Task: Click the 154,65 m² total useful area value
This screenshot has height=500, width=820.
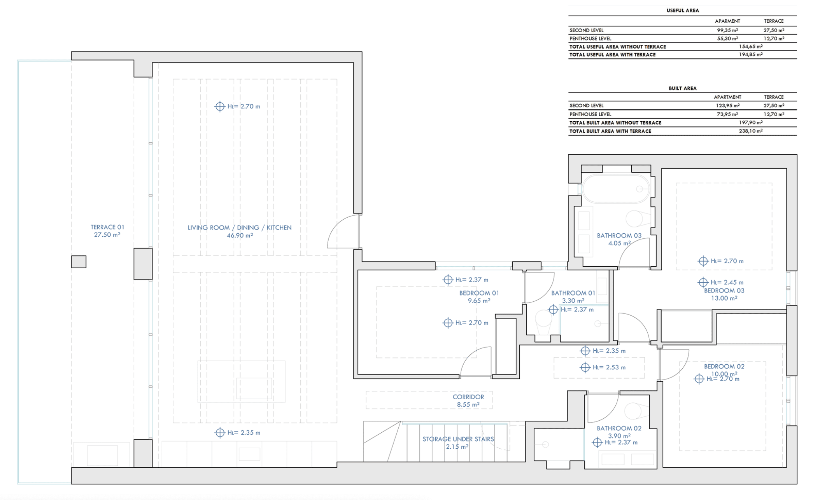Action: pos(751,47)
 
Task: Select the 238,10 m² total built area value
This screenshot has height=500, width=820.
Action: pos(751,131)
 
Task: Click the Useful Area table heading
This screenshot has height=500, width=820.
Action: pos(683,10)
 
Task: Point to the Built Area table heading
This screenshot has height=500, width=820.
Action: pos(683,88)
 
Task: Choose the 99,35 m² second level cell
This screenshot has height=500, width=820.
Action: pos(727,30)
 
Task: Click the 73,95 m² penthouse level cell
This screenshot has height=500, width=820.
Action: pos(727,114)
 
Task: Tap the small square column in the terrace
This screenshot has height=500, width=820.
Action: pos(79,262)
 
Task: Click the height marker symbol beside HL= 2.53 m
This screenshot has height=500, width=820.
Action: pos(585,367)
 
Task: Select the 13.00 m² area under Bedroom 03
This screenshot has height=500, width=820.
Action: pos(724,299)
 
